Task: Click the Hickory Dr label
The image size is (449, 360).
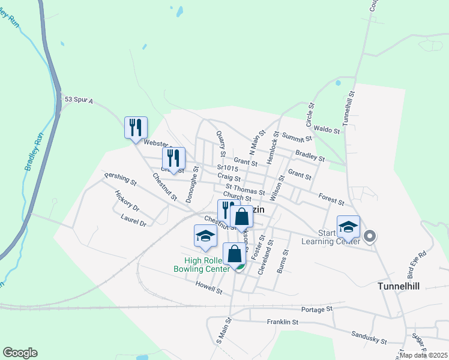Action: (127, 201)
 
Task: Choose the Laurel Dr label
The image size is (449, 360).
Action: (133, 220)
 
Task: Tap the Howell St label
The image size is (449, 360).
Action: (209, 290)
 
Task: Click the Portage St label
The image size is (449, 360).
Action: (317, 309)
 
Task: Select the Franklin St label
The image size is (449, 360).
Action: (283, 322)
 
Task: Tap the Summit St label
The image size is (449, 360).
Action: (298, 138)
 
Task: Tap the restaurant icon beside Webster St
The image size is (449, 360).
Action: (135, 127)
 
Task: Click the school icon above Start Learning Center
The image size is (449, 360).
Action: (348, 227)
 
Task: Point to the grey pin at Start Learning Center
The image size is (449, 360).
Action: (370, 237)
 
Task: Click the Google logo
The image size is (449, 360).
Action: (20, 353)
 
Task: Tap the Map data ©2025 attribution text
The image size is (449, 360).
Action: (423, 355)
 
